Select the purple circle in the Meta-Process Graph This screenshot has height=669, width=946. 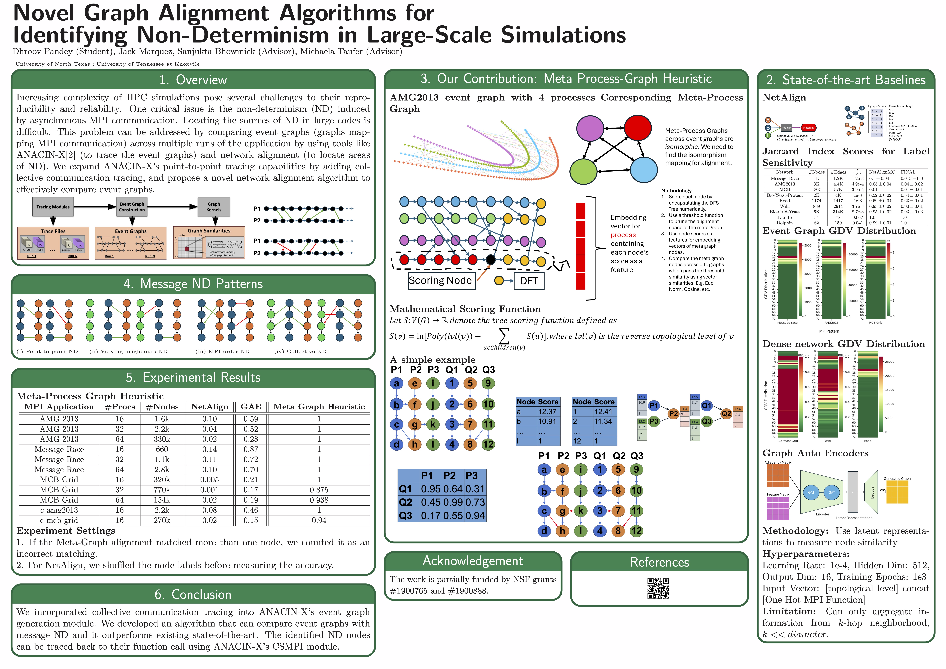590,128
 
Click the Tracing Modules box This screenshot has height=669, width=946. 53,207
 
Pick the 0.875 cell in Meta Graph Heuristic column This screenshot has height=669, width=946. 319,490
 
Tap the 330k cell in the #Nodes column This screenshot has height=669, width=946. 162,439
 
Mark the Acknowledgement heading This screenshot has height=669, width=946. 473,561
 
